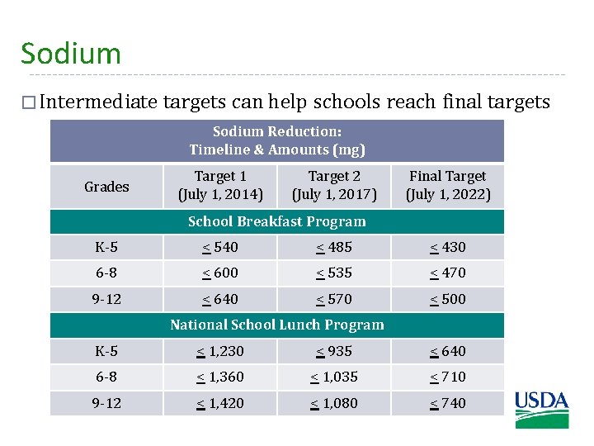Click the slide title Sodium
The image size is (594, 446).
(x=71, y=54)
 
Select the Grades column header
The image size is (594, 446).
(x=106, y=187)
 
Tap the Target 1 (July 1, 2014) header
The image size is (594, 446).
(x=220, y=186)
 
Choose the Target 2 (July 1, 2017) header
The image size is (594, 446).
(x=334, y=186)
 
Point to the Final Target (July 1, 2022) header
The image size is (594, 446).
(x=448, y=186)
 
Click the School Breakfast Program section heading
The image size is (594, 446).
(x=276, y=221)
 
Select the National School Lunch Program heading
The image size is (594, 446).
(x=276, y=325)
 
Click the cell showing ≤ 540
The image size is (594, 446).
(x=220, y=247)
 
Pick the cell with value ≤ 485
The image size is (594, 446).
(x=334, y=247)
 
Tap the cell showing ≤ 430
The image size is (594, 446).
(x=448, y=247)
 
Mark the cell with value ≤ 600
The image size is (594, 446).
(x=220, y=273)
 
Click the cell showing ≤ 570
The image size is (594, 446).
(x=334, y=299)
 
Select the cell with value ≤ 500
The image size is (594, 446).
(x=448, y=299)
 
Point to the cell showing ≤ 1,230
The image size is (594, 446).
(x=220, y=351)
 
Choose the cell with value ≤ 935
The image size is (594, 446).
(x=334, y=351)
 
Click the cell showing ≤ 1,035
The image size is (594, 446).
(x=334, y=377)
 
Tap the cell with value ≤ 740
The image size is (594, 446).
(x=448, y=403)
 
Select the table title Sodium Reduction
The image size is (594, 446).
(x=276, y=131)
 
